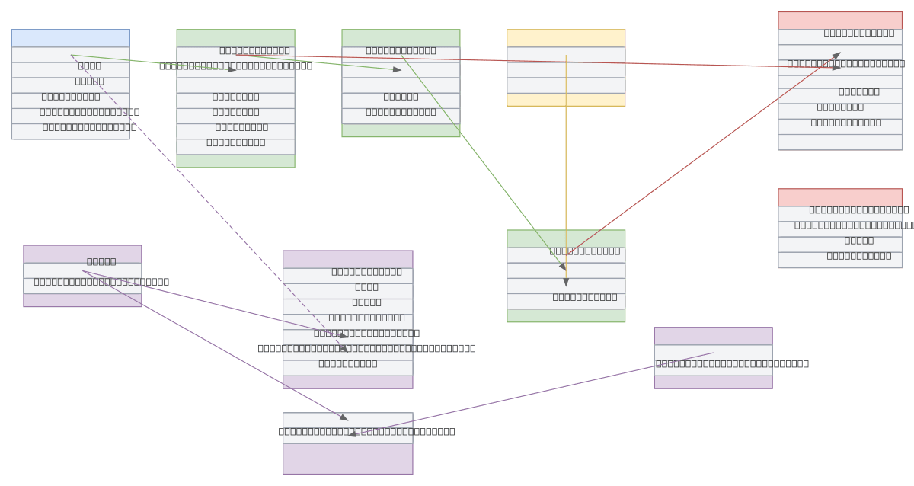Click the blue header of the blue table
70,38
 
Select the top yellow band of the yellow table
565,38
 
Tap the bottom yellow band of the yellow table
565,100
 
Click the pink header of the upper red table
839,20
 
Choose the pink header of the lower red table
839,197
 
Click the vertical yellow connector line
566,152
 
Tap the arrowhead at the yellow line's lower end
566,282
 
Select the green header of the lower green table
565,238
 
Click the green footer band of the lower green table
565,315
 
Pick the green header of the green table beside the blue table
235,38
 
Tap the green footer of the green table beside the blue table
235,161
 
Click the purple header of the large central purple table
347,259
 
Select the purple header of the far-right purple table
713,336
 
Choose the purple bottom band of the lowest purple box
347,459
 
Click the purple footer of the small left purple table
82,300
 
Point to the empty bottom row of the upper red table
839,142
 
